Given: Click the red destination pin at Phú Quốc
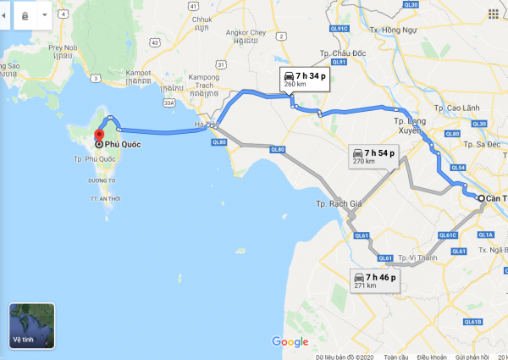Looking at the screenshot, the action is (x=99, y=136).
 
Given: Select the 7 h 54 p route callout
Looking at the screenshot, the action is (x=374, y=156).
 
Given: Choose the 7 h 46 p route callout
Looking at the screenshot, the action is (x=376, y=280).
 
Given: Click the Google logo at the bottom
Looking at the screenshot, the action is (x=290, y=341).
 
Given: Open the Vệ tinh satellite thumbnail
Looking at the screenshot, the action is (x=31, y=326).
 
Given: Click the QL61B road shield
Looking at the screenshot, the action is (x=471, y=321).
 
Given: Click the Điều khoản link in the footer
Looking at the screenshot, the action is (x=431, y=357).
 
